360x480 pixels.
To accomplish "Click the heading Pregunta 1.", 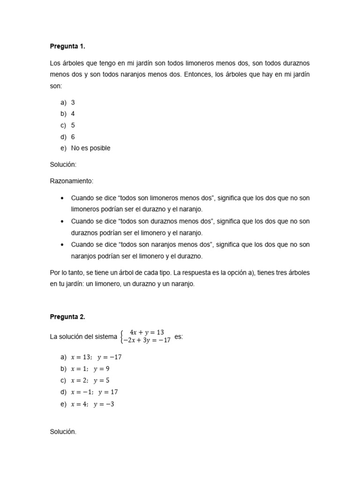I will (x=67, y=46).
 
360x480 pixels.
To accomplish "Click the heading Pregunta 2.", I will (x=67, y=317).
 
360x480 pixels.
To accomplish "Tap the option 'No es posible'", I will (x=90, y=148).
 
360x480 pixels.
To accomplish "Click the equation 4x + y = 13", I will (x=147, y=332).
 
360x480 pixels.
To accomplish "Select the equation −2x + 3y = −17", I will (x=147, y=341).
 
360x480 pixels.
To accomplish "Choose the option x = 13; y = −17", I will (x=96, y=357).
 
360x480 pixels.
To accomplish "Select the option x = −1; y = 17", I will (x=94, y=392).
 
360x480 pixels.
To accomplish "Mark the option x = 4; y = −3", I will (x=92, y=404).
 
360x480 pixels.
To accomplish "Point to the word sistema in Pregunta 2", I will (x=105, y=337).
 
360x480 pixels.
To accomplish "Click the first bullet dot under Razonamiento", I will (x=62, y=198).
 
